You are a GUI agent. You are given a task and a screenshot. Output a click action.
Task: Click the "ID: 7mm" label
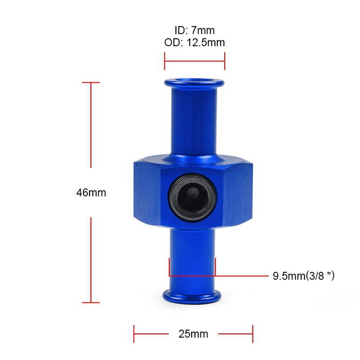[194, 31]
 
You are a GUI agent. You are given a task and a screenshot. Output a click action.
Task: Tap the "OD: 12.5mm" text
[194, 43]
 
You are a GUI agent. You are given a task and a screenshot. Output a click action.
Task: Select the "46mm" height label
[91, 193]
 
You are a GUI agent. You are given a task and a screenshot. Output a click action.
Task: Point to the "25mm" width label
[193, 334]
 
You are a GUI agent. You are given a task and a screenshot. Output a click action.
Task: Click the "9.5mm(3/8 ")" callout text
[304, 275]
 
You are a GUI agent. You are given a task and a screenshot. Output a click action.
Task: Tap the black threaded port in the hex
[193, 194]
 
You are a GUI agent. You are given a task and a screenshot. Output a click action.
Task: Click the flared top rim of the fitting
[194, 83]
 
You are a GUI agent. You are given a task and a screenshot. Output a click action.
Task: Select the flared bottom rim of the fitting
[193, 296]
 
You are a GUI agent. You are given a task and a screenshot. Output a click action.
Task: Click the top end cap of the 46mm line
[91, 83]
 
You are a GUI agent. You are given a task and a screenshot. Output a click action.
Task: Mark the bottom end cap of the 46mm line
[91, 302]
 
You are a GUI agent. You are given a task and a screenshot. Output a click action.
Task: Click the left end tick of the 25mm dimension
[134, 334]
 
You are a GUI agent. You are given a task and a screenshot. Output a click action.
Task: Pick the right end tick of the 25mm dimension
[252, 334]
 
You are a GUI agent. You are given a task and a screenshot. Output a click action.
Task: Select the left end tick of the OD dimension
[165, 61]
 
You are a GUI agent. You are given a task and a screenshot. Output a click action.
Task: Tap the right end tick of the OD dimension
[225, 61]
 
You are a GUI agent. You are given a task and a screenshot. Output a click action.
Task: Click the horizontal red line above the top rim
[194, 61]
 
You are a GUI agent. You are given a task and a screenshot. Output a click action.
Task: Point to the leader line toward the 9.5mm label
[243, 275]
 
